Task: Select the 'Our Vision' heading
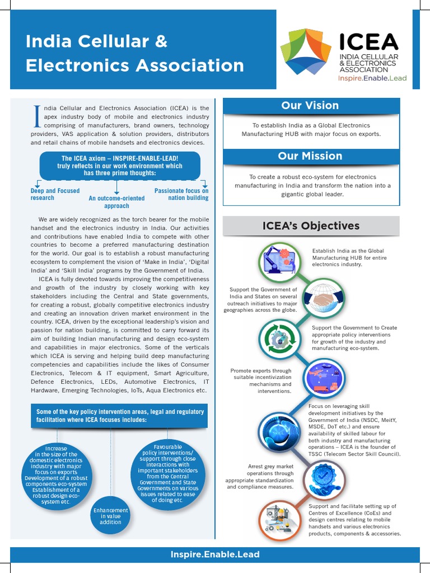coord(310,106)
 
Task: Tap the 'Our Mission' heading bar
coord(310,156)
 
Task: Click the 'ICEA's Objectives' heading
coord(311,226)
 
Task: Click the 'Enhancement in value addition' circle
coord(110,516)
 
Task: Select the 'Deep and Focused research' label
coord(55,194)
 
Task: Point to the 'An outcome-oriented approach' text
coord(116,202)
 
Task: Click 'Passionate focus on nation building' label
coord(181,194)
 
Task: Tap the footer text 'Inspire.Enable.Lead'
coord(215,555)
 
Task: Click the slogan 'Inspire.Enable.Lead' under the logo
coord(372,78)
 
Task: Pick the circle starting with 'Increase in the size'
coord(55,475)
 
